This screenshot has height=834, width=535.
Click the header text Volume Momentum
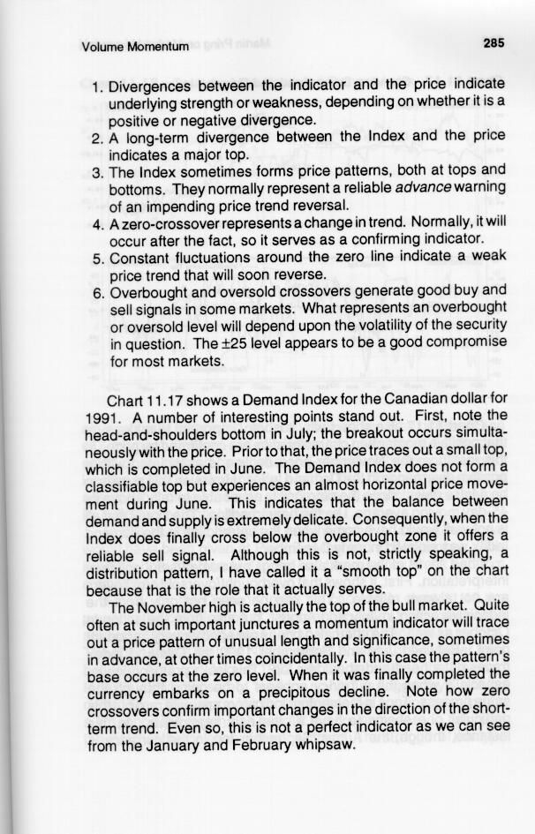coord(134,47)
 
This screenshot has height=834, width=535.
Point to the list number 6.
coord(97,292)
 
